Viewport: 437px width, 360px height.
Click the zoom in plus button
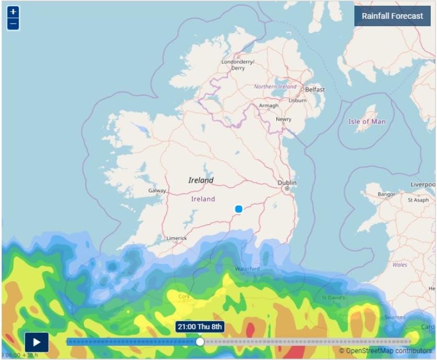pyautogui.click(x=14, y=12)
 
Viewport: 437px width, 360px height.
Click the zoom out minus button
pyautogui.click(x=14, y=24)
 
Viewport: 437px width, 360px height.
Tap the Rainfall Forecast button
pyautogui.click(x=392, y=16)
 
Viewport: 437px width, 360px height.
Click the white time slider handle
pyautogui.click(x=200, y=342)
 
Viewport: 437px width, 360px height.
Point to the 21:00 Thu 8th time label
pyautogui.click(x=200, y=327)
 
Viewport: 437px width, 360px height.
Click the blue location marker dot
pyautogui.click(x=239, y=209)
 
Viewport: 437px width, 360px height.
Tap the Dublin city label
pyautogui.click(x=287, y=183)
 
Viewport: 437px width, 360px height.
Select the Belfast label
pyautogui.click(x=315, y=89)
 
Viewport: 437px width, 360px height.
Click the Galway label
pyautogui.click(x=157, y=191)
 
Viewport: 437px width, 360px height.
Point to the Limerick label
pyautogui.click(x=176, y=238)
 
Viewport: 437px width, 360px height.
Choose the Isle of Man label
pyautogui.click(x=367, y=121)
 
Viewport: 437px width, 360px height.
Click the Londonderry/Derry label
pyautogui.click(x=238, y=65)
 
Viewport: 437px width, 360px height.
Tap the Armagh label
pyautogui.click(x=269, y=106)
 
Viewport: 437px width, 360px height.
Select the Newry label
pyautogui.click(x=284, y=119)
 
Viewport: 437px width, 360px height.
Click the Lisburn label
pyautogui.click(x=297, y=100)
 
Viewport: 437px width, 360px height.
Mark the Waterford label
pyautogui.click(x=247, y=269)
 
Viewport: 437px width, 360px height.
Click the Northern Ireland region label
pyautogui.click(x=275, y=87)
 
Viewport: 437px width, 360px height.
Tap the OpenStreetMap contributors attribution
pyautogui.click(x=386, y=351)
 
